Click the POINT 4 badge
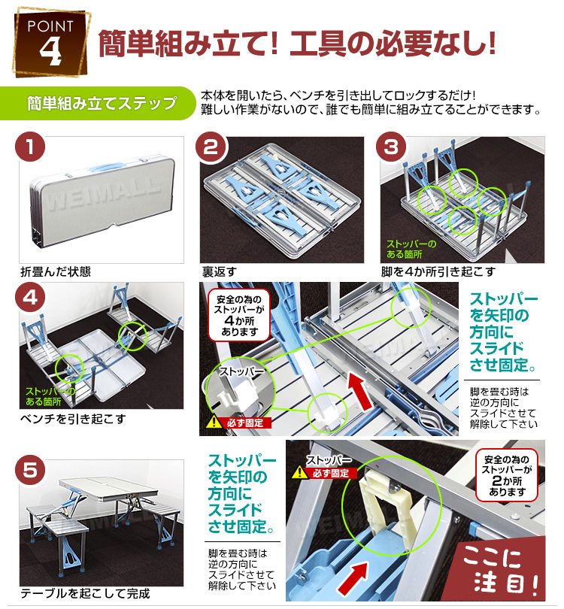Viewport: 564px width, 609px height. click(x=51, y=42)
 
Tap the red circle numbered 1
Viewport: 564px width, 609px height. click(x=30, y=147)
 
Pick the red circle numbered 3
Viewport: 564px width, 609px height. click(x=391, y=147)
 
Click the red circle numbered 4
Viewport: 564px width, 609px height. click(x=30, y=298)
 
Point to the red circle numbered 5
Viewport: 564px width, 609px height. click(x=30, y=471)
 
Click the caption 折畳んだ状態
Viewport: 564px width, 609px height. click(x=56, y=271)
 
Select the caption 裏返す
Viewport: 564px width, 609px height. click(x=219, y=271)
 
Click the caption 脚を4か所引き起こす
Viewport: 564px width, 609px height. click(x=438, y=271)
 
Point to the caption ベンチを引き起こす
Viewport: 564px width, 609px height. click(x=73, y=419)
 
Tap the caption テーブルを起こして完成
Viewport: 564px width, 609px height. click(x=85, y=593)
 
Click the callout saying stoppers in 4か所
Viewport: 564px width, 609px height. click(x=239, y=315)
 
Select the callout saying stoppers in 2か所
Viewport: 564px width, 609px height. click(x=507, y=475)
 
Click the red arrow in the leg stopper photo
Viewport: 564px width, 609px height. click(x=360, y=392)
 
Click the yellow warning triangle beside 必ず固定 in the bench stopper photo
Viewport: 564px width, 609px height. click(x=299, y=472)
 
